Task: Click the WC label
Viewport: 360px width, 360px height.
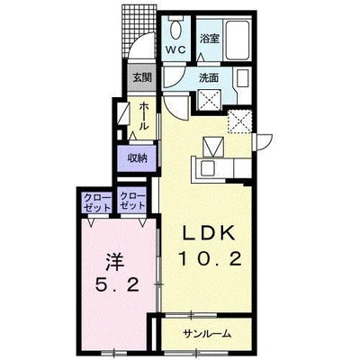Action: [175, 49]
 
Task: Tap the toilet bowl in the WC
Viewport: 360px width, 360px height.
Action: [175, 30]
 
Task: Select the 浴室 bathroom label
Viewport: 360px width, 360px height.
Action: [210, 39]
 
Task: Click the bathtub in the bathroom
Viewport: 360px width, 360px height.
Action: [238, 40]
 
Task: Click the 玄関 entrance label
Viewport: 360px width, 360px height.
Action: [142, 78]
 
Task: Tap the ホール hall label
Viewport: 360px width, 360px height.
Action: [144, 115]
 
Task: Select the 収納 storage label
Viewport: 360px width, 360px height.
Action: [138, 158]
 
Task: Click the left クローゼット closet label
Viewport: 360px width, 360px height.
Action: [97, 202]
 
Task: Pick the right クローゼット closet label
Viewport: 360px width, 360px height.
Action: [133, 201]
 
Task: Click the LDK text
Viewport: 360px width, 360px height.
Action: [209, 234]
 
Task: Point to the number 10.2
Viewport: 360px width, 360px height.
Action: [210, 259]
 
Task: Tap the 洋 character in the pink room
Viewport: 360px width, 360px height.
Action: [115, 261]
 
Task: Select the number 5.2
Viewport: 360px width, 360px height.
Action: [117, 284]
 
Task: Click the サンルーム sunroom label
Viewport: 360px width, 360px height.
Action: [207, 334]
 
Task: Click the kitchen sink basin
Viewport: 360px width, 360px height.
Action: [207, 168]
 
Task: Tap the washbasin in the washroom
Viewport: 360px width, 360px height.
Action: [243, 79]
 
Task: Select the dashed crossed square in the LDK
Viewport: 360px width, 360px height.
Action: [239, 121]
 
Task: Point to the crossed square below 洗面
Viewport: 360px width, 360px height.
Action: [210, 100]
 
